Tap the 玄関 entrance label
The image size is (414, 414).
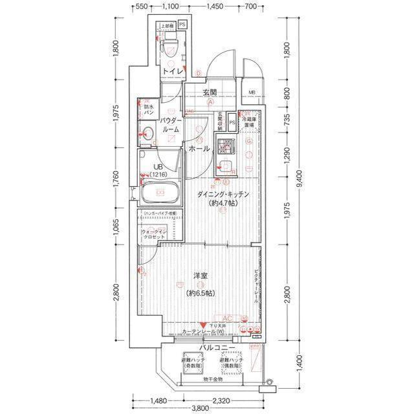(209, 93)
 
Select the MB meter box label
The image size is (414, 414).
(252, 93)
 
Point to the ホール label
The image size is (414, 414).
(198, 149)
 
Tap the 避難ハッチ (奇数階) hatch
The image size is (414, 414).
(193, 362)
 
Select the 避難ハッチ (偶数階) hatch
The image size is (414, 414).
(230, 362)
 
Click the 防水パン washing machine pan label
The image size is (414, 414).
(149, 109)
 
